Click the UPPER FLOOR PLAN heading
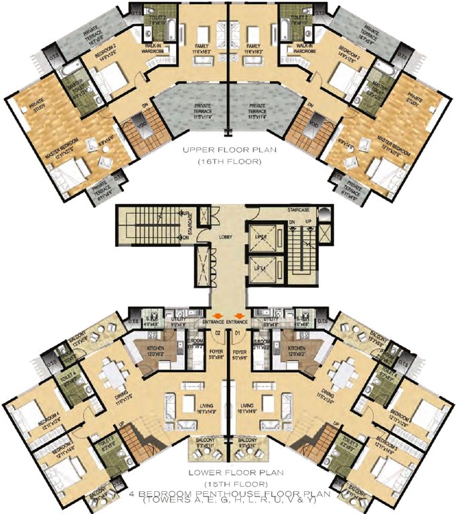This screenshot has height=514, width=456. pyautogui.click(x=228, y=151)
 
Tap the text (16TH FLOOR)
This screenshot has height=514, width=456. pyautogui.click(x=228, y=162)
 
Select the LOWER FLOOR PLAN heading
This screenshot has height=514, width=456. pyautogui.click(x=228, y=473)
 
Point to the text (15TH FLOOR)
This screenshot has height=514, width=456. pyautogui.click(x=228, y=483)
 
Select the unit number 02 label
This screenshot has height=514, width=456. pyautogui.click(x=217, y=331)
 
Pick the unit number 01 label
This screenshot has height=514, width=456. pyautogui.click(x=238, y=331)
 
